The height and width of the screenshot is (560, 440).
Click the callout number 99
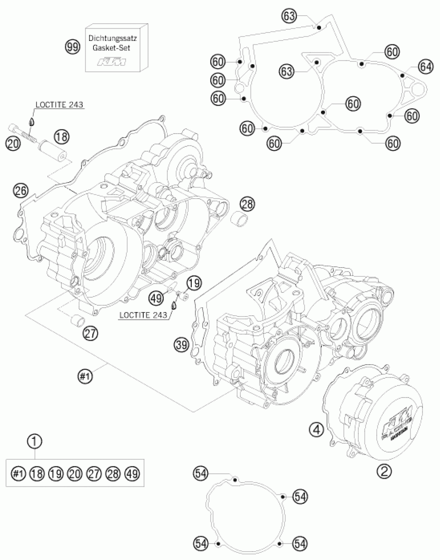72,47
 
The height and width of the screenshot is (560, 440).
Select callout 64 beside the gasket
426,67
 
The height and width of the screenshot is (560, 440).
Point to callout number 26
21,191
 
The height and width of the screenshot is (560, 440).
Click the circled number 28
247,204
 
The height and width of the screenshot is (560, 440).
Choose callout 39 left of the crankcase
181,345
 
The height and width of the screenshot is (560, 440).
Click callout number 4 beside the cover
316,430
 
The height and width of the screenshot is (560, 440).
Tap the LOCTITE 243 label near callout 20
59,104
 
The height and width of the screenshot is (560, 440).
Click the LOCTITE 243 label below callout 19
143,315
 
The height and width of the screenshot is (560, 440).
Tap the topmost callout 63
289,16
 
